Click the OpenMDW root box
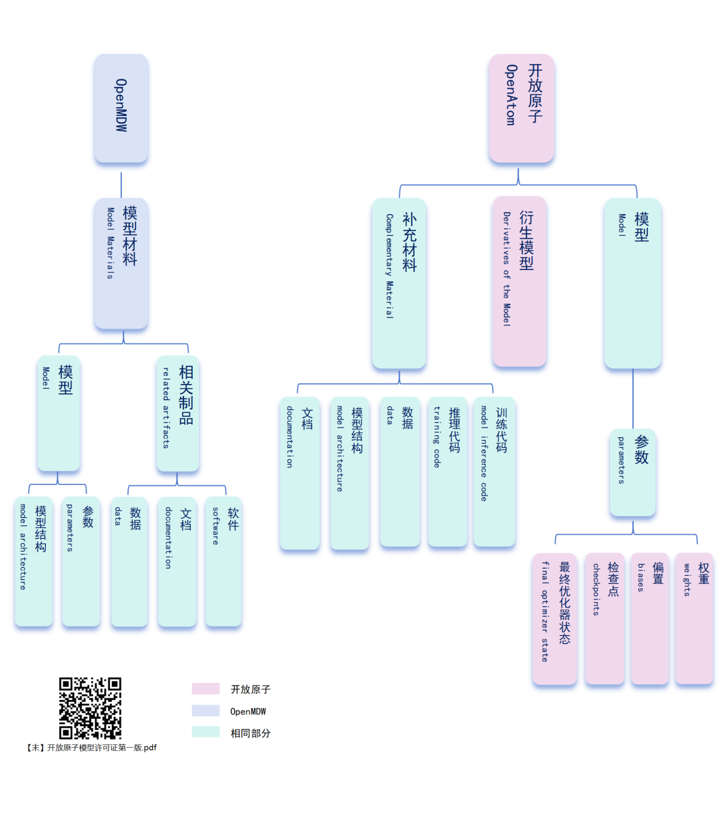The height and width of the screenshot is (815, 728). [121, 108]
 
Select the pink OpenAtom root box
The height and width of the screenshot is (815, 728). [521, 108]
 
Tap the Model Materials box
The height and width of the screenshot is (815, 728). [121, 263]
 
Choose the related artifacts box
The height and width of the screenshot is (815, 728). [178, 413]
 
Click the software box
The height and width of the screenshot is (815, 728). [224, 561]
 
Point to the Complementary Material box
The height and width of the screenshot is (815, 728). [399, 283]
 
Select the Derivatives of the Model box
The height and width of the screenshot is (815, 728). [519, 282]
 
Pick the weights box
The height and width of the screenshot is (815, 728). [694, 618]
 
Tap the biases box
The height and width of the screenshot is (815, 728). [650, 618]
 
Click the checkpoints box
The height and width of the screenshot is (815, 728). [605, 618]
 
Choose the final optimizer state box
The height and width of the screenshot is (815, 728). [555, 618]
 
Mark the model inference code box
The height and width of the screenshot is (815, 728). [494, 471]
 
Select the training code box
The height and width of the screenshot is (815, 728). [448, 471]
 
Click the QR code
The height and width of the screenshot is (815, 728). [90, 708]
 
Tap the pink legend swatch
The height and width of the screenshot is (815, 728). [206, 688]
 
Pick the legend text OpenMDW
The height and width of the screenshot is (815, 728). [248, 711]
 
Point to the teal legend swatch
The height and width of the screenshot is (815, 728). [206, 732]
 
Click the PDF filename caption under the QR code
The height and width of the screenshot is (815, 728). [92, 748]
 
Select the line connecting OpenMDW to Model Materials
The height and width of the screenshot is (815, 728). [121, 185]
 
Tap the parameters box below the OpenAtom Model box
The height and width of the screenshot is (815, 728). [633, 472]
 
